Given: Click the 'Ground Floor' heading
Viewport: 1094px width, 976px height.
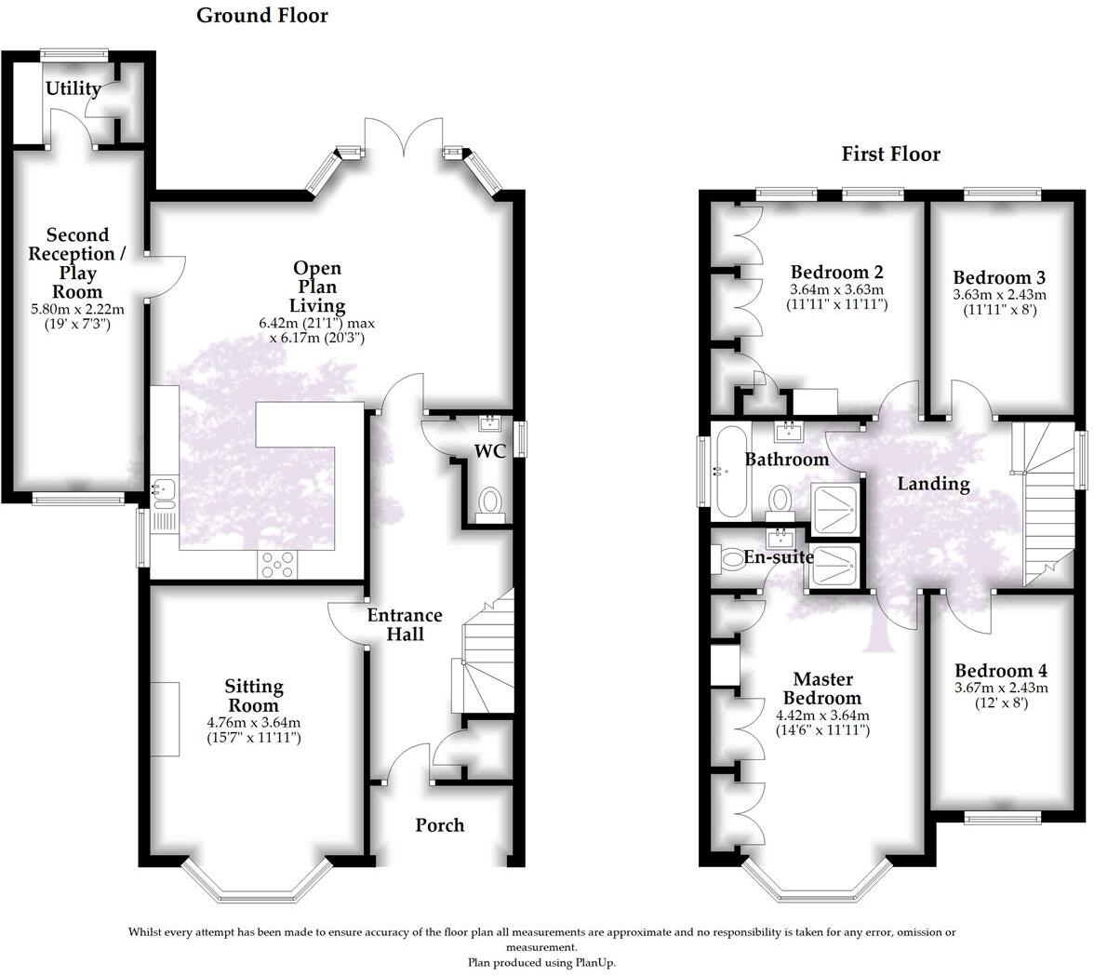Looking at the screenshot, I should click(261, 16).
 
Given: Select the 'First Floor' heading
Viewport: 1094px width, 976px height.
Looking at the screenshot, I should click(890, 154).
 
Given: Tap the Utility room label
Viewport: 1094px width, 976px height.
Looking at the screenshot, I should click(73, 89).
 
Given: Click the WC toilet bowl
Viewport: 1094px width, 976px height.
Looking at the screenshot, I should click(489, 503).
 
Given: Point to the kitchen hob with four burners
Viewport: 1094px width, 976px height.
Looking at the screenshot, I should click(278, 564).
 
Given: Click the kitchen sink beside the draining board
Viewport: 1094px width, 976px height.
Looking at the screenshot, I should click(162, 488).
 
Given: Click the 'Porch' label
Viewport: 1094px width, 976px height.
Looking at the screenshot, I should click(439, 825).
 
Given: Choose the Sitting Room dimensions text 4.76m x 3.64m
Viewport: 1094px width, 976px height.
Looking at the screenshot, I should click(254, 722).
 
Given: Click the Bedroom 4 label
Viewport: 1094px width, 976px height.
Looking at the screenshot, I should click(1000, 671).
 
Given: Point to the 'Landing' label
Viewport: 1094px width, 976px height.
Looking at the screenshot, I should click(933, 484).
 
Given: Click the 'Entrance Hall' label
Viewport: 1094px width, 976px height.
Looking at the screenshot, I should click(405, 624).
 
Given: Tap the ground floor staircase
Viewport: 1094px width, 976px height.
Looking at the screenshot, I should click(484, 661).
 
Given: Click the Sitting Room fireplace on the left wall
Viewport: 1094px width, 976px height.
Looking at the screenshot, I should click(166, 718).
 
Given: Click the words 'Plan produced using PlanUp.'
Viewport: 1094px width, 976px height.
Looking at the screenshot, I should click(540, 963).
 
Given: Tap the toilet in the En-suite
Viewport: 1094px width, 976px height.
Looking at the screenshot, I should click(726, 559).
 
